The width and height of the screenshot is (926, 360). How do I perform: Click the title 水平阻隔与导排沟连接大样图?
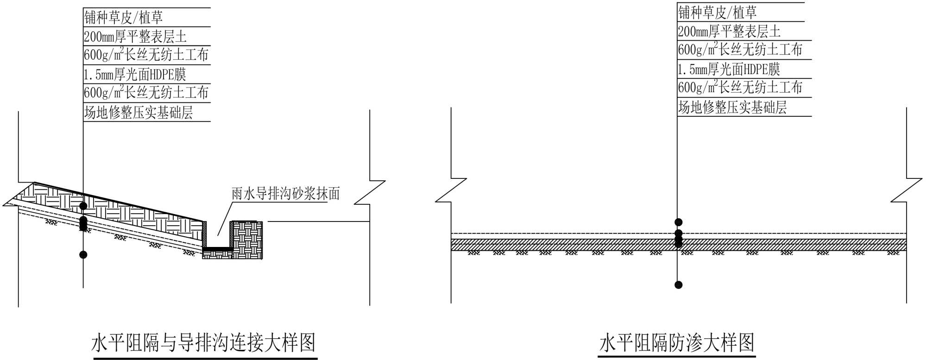204,343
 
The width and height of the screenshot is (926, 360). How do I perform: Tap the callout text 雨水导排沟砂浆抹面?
285,194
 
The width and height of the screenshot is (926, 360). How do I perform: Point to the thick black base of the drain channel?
218,249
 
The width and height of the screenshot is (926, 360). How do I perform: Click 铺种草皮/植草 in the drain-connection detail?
124,18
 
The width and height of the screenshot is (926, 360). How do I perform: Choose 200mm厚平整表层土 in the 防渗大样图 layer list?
729,32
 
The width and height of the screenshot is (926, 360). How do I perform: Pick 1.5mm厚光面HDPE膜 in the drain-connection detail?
135,74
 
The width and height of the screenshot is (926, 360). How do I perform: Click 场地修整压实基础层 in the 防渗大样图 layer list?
732,107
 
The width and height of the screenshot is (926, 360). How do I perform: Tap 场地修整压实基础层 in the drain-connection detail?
138,113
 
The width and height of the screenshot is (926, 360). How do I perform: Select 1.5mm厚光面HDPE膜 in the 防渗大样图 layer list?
729,69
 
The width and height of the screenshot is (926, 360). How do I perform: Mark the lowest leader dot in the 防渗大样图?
678,284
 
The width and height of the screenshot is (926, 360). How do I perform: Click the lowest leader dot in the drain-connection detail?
83,254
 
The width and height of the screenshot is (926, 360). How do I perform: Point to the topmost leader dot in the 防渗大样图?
678,222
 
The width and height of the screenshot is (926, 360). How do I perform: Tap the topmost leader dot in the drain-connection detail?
83,205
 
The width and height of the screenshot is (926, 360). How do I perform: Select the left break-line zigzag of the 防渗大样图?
451,190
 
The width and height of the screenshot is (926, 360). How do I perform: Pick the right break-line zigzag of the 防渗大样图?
907,190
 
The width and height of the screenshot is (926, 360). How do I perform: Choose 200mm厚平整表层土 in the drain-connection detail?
135,37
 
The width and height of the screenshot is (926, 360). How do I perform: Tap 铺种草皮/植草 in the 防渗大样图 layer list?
718,13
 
